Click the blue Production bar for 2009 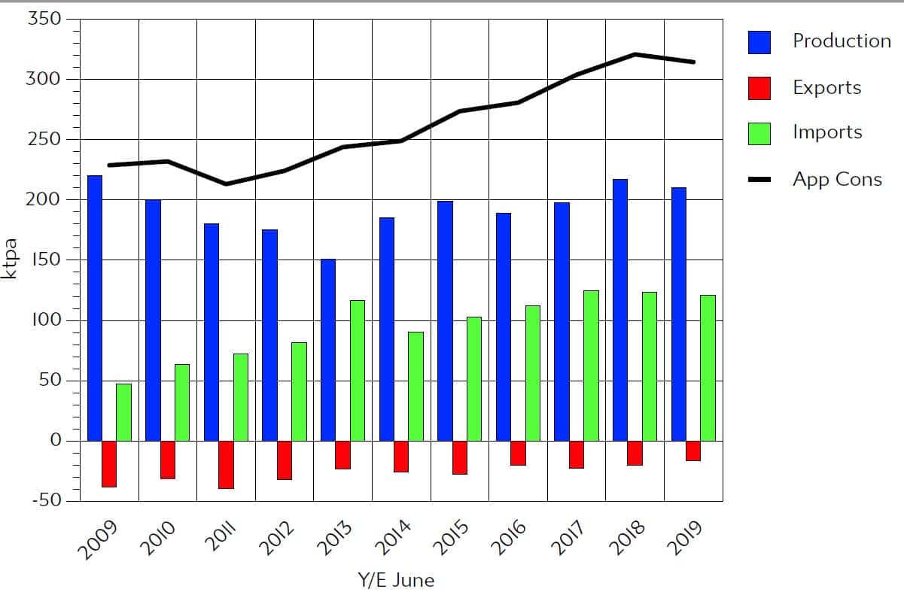(95, 308)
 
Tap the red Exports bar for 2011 (226, 464)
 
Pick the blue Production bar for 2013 (328, 350)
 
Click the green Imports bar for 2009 (123, 412)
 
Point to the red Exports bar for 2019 (692, 451)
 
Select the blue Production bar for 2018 (620, 310)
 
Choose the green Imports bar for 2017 (591, 366)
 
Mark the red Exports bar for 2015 (459, 457)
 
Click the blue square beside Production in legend (759, 42)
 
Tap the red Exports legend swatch (759, 88)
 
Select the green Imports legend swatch (759, 133)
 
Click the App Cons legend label (837, 180)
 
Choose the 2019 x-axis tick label (686, 536)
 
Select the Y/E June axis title (395, 581)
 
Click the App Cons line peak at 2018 (635, 54)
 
